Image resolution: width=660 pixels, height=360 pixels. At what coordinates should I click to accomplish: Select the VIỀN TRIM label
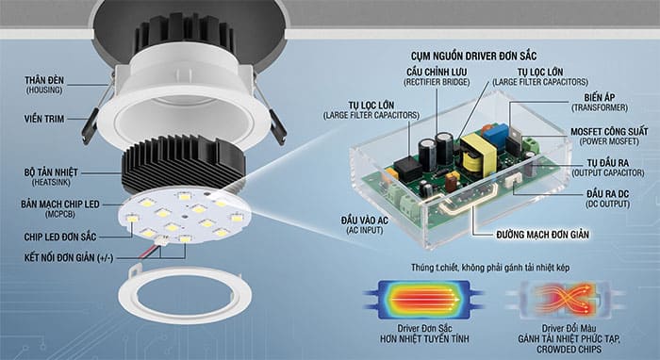[x=48, y=120]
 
